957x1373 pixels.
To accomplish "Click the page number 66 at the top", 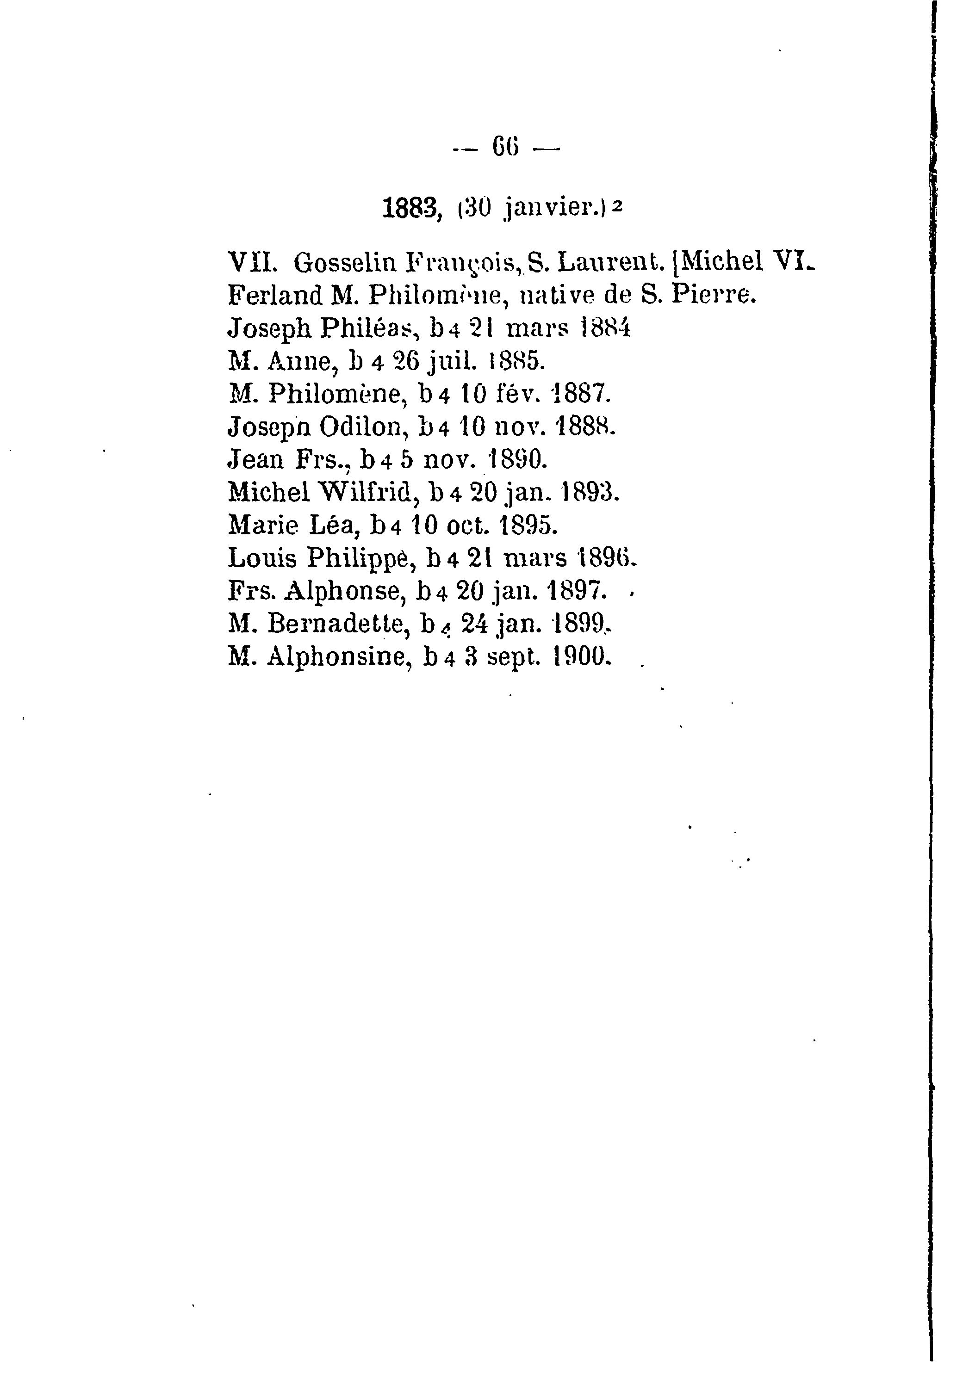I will (505, 147).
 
